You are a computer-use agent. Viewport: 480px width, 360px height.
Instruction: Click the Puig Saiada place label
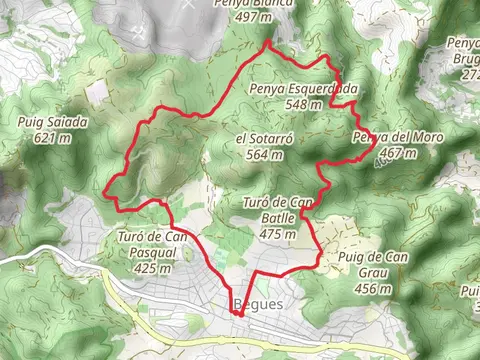[x=53, y=123]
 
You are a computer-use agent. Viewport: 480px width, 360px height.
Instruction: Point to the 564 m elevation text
[x=262, y=154]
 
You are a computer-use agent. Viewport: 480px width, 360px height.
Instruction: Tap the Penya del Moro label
[x=385, y=137]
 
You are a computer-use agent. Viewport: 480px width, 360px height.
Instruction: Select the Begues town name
[x=259, y=304]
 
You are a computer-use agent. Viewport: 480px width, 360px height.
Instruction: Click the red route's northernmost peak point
[x=267, y=44]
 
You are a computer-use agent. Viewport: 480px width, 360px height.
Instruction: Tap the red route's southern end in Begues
[x=238, y=314]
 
